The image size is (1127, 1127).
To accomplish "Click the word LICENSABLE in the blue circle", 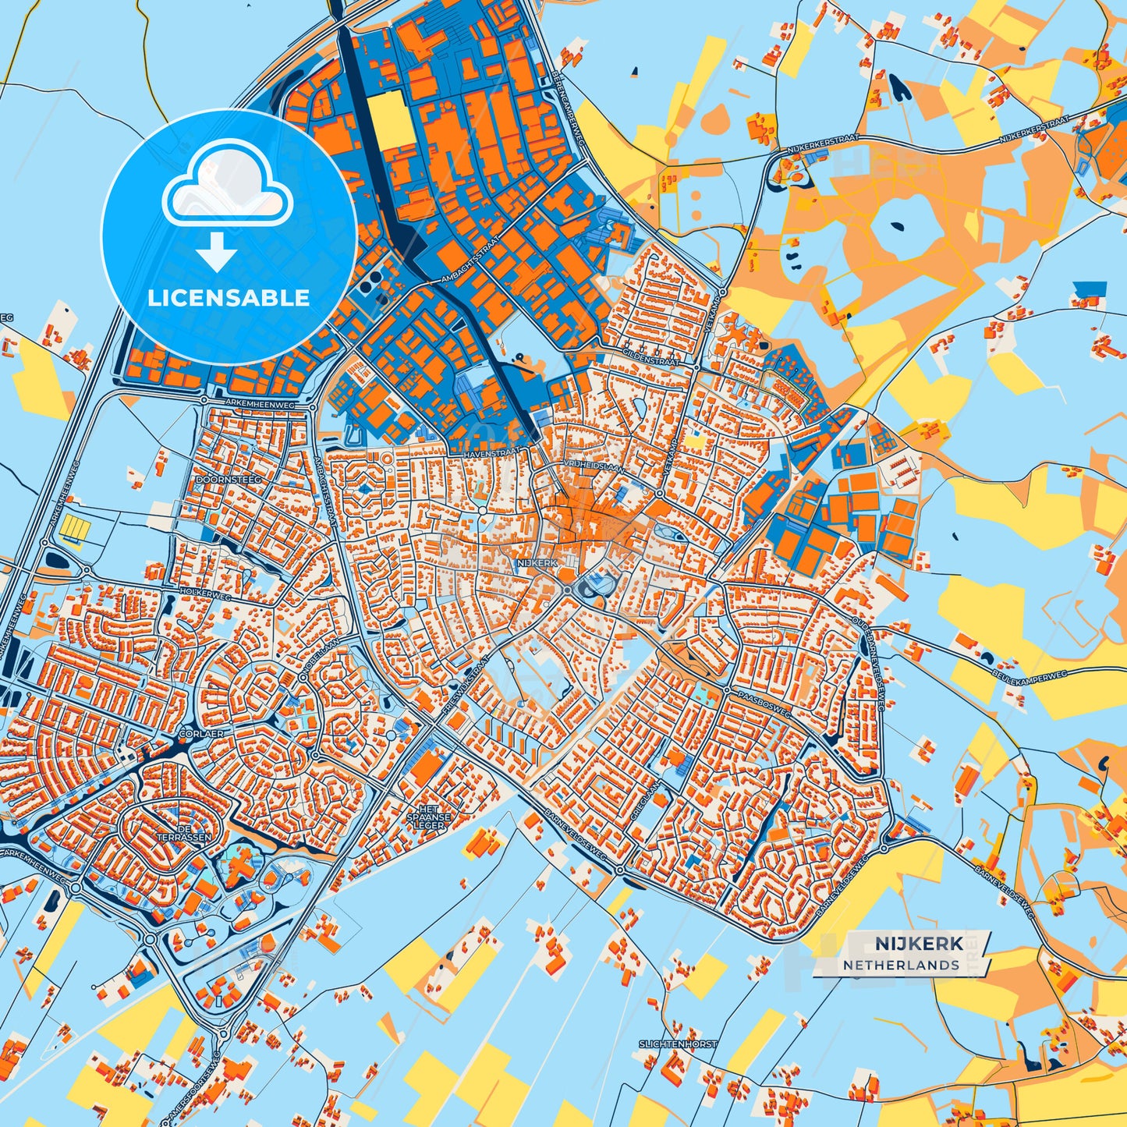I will [x=229, y=298].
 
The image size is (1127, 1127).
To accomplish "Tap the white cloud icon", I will [x=227, y=186].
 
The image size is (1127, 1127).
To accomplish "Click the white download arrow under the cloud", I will [x=217, y=251].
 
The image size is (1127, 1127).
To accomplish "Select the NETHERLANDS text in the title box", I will [x=901, y=965].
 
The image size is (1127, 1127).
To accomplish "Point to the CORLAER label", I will [x=201, y=734].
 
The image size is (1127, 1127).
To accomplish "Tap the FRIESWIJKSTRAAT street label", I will [x=466, y=686].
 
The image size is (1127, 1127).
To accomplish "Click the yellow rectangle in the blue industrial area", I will [x=392, y=121].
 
